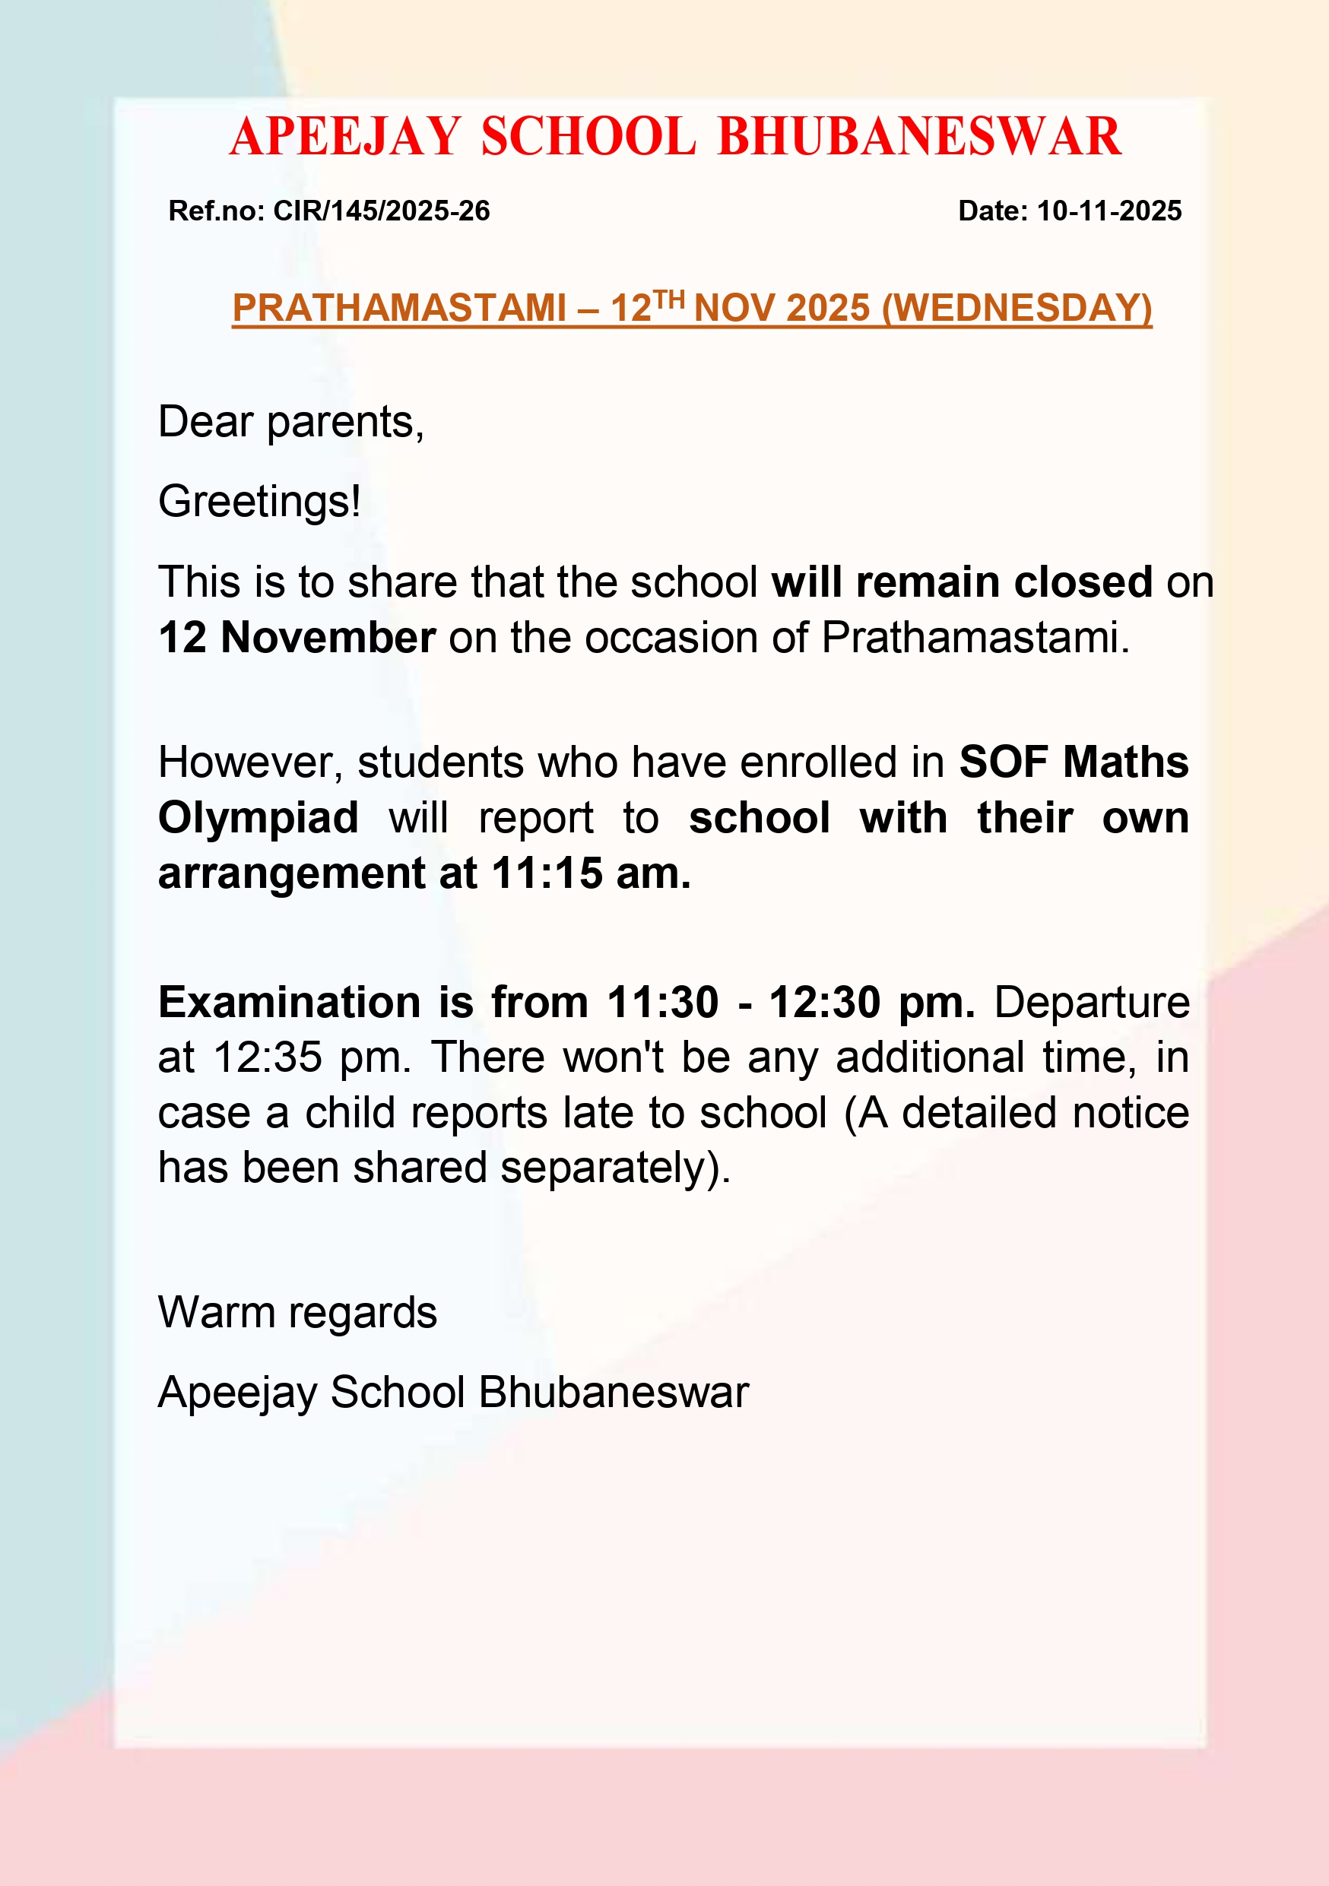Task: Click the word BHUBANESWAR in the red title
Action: coord(919,136)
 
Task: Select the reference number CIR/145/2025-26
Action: coord(381,211)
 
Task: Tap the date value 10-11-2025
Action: coord(1109,211)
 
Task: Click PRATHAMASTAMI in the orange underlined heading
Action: coord(399,309)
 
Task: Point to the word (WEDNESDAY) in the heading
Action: coord(1017,309)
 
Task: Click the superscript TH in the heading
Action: coord(668,299)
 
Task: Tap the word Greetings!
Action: coord(259,501)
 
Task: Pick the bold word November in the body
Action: coord(328,638)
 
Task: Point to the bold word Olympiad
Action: coord(258,818)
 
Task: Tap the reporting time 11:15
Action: coord(546,873)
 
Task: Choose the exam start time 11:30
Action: coord(662,1002)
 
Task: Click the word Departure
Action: coord(1092,1002)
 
